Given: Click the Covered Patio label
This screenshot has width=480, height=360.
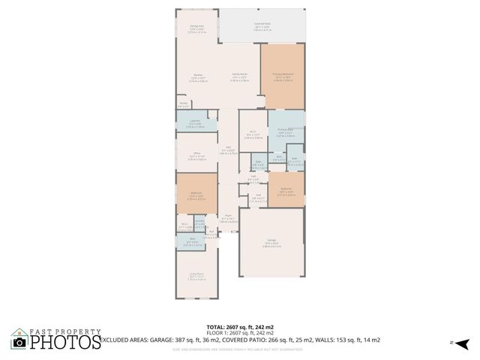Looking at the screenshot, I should click(262, 25).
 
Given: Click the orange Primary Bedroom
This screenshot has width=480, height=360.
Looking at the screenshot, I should click(283, 76).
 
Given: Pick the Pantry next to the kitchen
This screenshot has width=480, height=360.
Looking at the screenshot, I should click(184, 106).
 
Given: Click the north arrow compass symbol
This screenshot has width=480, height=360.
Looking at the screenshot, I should click(462, 343).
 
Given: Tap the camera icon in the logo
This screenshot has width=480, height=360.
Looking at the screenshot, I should click(19, 342).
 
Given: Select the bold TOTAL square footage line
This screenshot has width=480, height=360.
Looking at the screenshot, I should click(239, 327).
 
